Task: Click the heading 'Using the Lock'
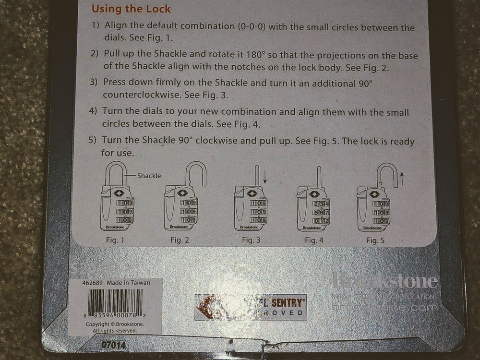(131, 9)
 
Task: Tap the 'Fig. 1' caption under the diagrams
(115, 240)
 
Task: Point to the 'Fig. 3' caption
(251, 240)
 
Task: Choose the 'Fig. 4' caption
(314, 240)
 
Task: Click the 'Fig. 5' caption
(375, 240)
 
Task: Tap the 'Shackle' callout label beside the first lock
(149, 176)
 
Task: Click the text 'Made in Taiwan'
(128, 283)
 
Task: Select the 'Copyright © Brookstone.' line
(114, 324)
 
